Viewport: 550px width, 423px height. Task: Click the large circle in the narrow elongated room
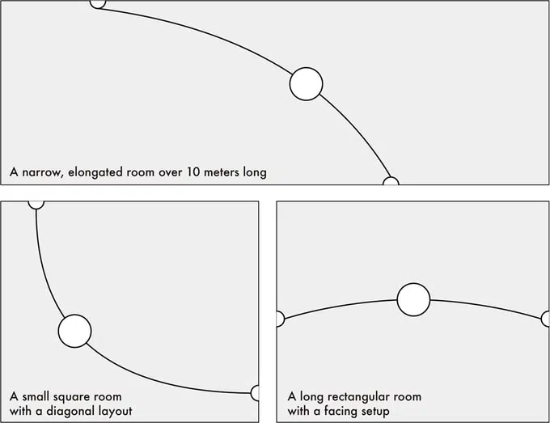(x=306, y=83)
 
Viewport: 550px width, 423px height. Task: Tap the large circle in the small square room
(x=74, y=330)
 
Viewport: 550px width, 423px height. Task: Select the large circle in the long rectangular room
(x=413, y=299)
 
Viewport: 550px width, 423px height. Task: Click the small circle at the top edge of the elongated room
(x=98, y=3)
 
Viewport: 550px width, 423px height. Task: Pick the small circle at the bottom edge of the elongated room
(x=391, y=182)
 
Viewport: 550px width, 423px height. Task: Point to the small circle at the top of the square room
(x=36, y=203)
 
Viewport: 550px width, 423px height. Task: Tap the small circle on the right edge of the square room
(x=255, y=393)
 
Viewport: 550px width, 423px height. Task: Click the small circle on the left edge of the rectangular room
(x=279, y=319)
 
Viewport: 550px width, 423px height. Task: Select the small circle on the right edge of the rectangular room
(x=546, y=319)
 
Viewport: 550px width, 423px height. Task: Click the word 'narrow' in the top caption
(x=41, y=172)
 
